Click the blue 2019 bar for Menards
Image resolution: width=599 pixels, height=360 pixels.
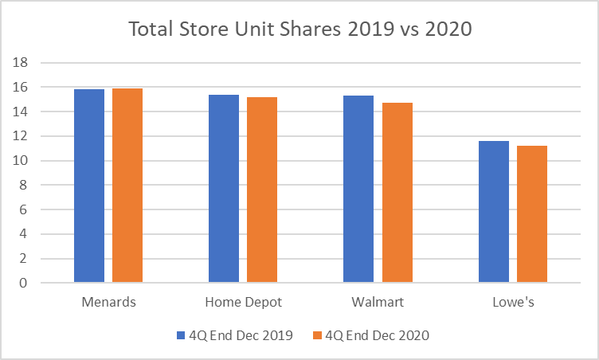pos(89,186)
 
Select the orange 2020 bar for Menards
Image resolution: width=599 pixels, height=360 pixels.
pos(127,185)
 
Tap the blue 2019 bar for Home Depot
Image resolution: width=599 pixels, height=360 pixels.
pos(224,188)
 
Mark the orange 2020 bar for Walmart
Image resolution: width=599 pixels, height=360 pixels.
pos(397,192)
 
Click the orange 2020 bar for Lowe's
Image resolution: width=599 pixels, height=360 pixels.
pos(532,213)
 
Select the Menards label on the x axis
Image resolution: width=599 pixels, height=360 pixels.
pos(108,303)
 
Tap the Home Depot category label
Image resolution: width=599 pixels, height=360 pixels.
pos(243,303)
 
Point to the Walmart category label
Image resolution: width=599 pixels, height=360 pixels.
pos(378,303)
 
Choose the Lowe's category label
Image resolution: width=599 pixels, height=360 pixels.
pos(513,303)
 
